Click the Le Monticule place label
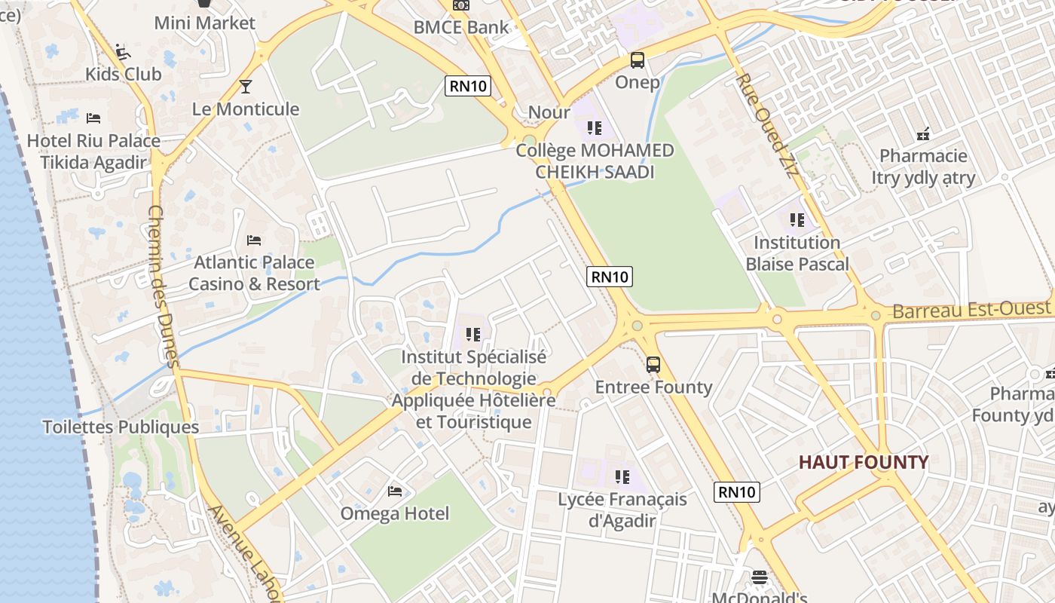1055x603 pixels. tap(246, 109)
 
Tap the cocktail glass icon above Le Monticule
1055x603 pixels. tap(245, 86)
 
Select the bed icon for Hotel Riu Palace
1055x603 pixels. tap(93, 118)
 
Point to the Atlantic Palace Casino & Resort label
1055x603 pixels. tap(254, 273)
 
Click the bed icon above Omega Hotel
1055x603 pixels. tap(395, 491)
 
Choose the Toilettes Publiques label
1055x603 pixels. tap(121, 427)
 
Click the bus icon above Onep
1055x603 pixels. tap(638, 60)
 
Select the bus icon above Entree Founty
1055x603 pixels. tap(653, 365)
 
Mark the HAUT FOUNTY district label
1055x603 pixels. tap(864, 462)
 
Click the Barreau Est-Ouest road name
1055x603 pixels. tap(971, 310)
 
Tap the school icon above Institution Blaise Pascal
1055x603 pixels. tap(797, 220)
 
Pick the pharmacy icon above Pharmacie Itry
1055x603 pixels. tap(923, 134)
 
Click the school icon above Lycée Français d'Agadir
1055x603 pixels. tap(622, 476)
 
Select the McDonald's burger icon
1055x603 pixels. tap(760, 577)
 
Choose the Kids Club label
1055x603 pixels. tap(124, 74)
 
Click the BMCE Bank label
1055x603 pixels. tap(461, 28)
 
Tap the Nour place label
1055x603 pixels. tap(549, 112)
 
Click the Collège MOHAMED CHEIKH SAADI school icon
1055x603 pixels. tap(595, 128)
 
